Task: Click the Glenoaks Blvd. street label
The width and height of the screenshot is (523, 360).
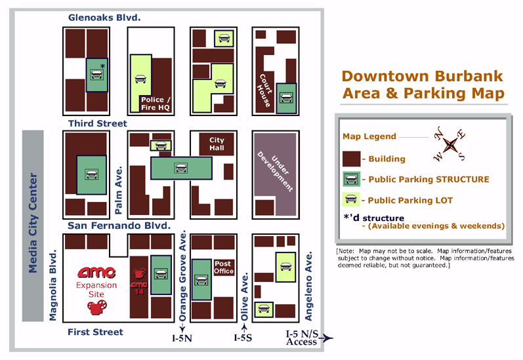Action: [x=104, y=18]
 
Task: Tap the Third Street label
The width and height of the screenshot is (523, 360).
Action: [x=98, y=123]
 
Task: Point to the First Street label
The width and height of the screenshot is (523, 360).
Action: [x=95, y=332]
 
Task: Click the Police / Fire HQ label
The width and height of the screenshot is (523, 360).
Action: [x=156, y=104]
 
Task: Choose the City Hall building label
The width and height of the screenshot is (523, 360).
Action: [x=217, y=144]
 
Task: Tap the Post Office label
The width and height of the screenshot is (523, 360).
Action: [x=224, y=268]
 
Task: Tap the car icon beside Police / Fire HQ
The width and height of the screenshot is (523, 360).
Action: [x=140, y=80]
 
